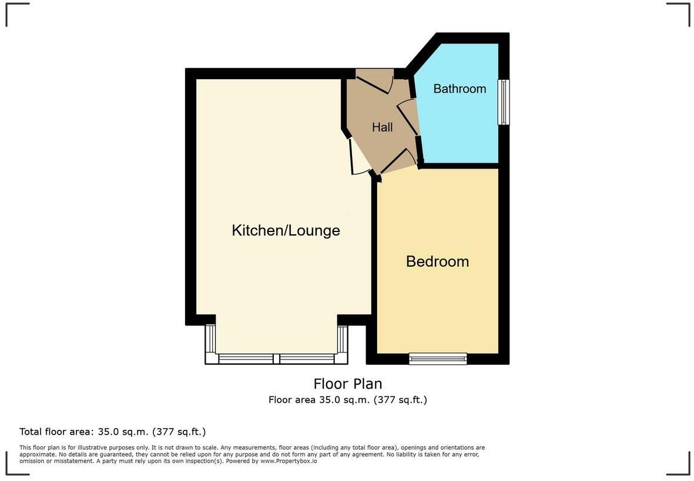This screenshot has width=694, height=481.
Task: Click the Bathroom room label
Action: pyautogui.click(x=460, y=89)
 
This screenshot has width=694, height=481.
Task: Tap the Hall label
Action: pyautogui.click(x=382, y=127)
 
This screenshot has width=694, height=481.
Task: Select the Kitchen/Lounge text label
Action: pyautogui.click(x=286, y=230)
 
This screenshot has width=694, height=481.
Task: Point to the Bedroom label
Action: pyautogui.click(x=437, y=261)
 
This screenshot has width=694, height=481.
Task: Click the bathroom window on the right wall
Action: pyautogui.click(x=503, y=102)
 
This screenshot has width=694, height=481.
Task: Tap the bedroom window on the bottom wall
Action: pyautogui.click(x=438, y=358)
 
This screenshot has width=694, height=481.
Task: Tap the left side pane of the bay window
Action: pyautogui.click(x=210, y=338)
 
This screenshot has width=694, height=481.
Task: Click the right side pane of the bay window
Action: pyautogui.click(x=343, y=338)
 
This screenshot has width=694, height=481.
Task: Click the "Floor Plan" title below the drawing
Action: pyautogui.click(x=347, y=384)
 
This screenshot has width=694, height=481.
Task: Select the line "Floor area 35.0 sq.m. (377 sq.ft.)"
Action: pyautogui.click(x=347, y=400)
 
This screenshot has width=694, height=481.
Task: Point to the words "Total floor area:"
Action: pyautogui.click(x=56, y=432)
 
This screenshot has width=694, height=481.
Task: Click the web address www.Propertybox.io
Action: pyautogui.click(x=289, y=461)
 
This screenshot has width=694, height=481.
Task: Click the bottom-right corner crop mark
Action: pyautogui.click(x=678, y=464)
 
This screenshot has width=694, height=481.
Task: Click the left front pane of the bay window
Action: pyautogui.click(x=246, y=358)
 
